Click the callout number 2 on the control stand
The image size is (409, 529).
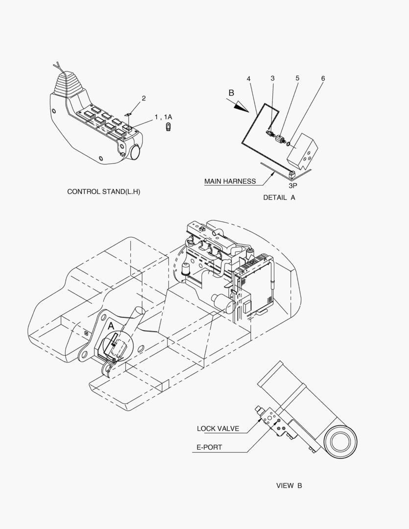tap(144, 98)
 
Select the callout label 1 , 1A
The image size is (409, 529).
tap(163, 117)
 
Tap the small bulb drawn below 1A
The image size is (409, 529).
tap(168, 127)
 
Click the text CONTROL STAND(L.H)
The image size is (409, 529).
tap(104, 192)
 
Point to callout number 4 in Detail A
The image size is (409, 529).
tap(249, 78)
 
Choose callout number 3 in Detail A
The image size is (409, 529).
tap(273, 78)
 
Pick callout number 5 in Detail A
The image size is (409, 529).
tap(297, 78)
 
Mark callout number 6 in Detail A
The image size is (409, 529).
tap(323, 78)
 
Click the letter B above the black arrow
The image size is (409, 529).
tap(232, 93)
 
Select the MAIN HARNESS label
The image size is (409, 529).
tap(230, 181)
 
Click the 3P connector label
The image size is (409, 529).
tap(293, 185)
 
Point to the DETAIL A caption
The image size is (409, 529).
tap(279, 198)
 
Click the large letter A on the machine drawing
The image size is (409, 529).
tap(111, 326)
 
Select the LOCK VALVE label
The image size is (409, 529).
tap(218, 429)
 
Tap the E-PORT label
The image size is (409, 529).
tap(209, 447)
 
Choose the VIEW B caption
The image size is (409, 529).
tap(289, 485)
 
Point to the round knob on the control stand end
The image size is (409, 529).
tap(135, 151)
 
